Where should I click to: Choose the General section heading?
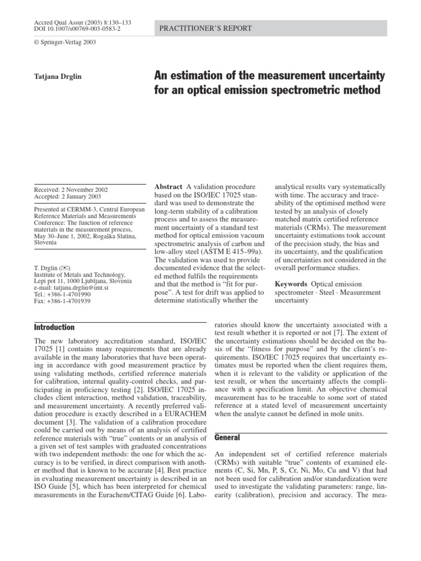coord(224,438)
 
